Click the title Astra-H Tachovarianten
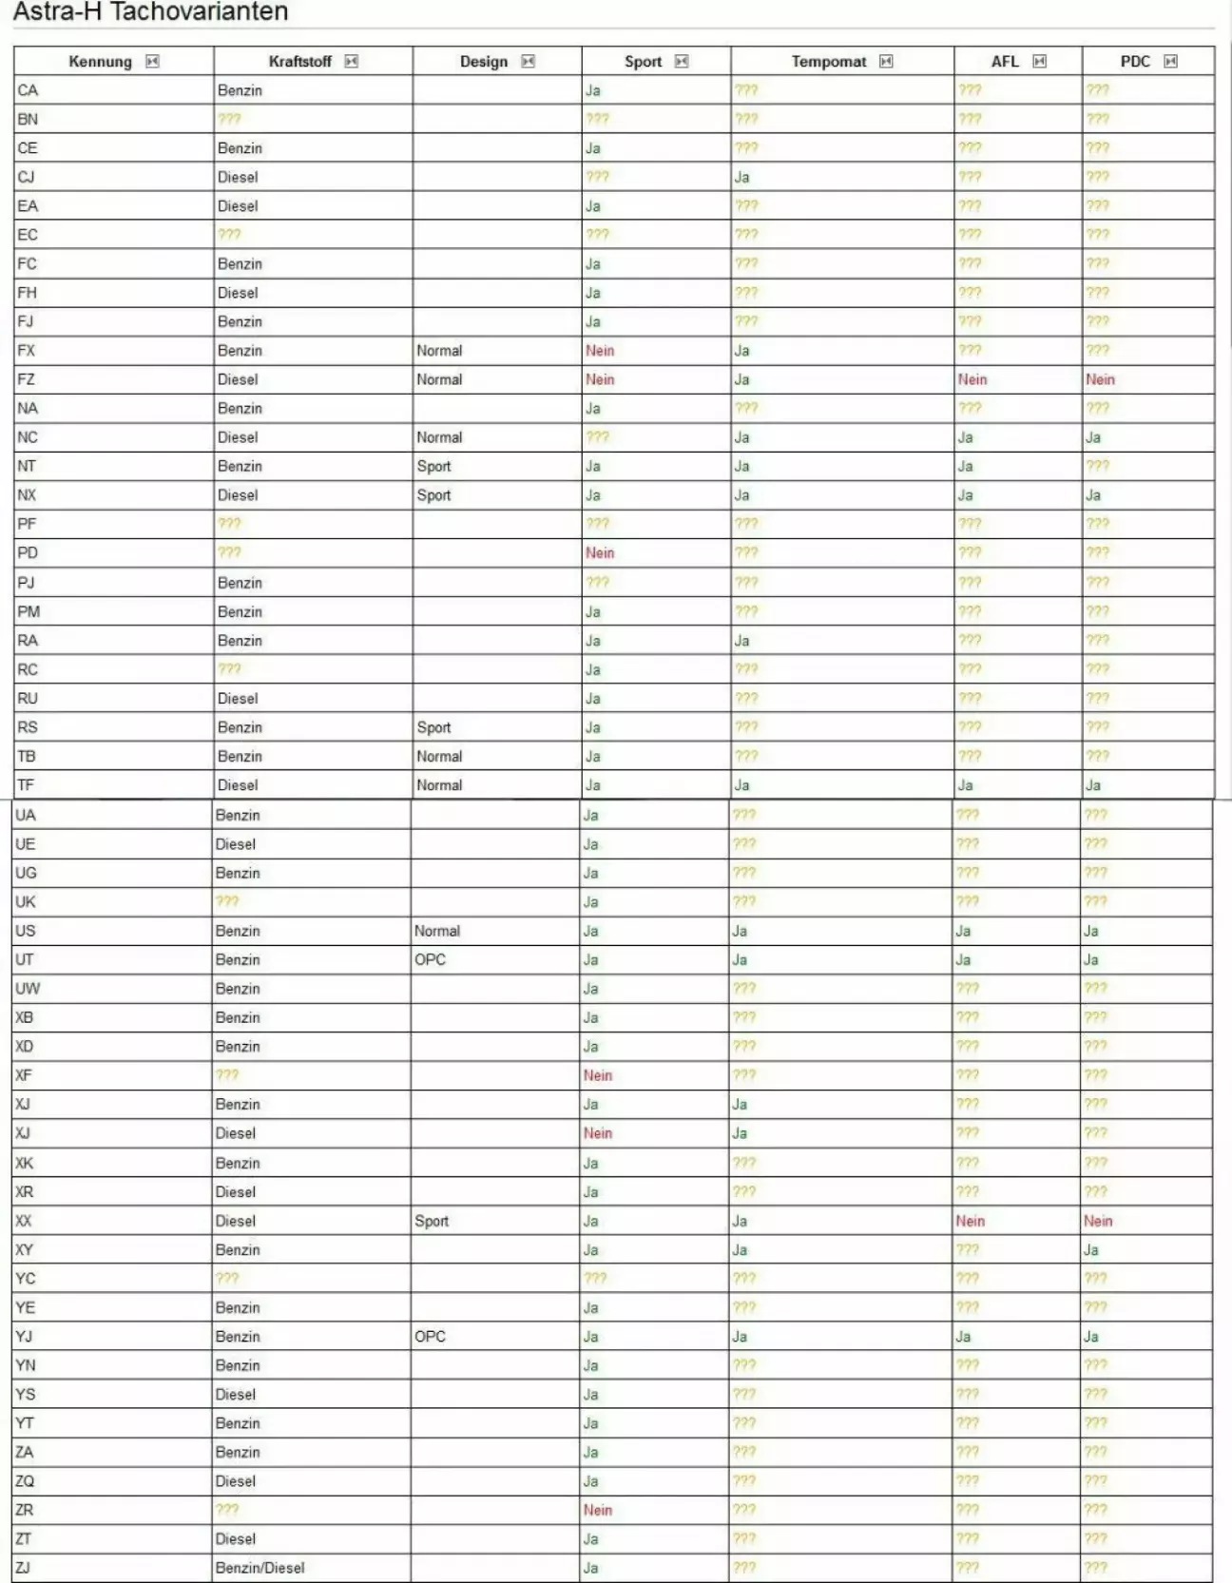[150, 12]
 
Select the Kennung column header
[100, 62]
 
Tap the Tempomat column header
[828, 62]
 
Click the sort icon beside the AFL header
[1040, 62]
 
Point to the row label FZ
[27, 379]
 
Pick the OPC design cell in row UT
[430, 959]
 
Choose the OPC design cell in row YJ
[430, 1336]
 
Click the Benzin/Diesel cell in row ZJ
[260, 1568]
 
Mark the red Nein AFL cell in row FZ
[972, 379]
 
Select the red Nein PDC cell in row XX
[1098, 1221]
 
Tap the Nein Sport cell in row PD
[600, 552]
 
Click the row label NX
[27, 495]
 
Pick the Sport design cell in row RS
[433, 727]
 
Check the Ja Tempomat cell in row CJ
[741, 177]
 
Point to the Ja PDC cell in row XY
[1091, 1249]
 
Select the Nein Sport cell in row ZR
[598, 1510]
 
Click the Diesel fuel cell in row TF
[238, 785]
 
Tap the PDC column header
[1135, 62]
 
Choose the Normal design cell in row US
[437, 931]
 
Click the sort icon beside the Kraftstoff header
[352, 62]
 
